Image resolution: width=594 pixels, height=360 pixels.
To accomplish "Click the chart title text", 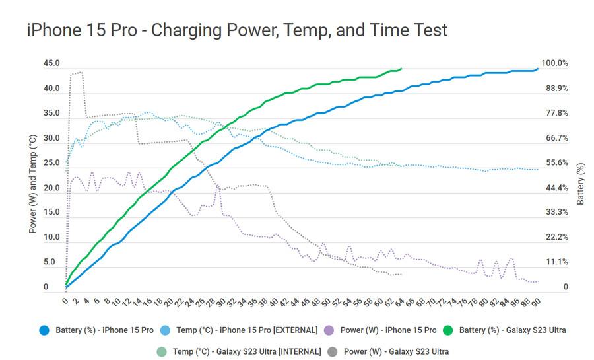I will [237, 30].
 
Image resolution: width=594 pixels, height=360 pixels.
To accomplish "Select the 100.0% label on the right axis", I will [554, 63].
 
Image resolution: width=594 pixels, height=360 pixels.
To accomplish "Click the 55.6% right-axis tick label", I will [557, 163].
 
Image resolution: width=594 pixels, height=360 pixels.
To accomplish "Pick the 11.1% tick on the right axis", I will [557, 262].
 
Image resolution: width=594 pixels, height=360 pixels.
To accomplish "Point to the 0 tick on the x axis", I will [65, 301].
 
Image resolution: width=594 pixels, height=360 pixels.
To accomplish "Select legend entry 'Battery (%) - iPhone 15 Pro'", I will [104, 330].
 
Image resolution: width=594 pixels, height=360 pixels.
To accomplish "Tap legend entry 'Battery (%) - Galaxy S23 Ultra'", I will [510, 330].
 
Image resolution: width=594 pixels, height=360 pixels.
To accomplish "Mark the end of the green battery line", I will [401, 68].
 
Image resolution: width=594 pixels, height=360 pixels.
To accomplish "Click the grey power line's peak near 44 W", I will [79, 73].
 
